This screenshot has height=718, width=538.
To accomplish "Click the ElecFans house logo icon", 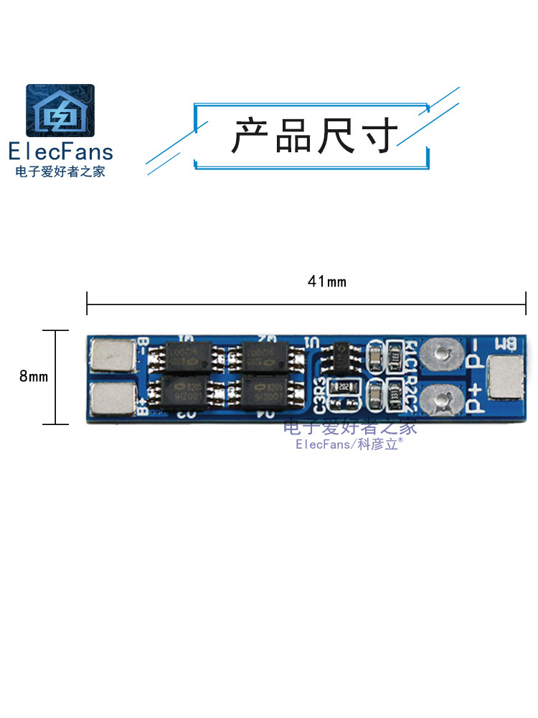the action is coord(60,111).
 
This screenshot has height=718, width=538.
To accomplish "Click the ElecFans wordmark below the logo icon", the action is coord(60,151).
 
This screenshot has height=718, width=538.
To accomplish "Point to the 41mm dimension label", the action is coord(326,281).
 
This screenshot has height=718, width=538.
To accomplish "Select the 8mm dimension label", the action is coord(34,376).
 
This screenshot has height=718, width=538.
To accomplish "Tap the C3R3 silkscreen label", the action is coord(321,394).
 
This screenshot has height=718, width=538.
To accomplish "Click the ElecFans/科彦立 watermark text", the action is coord(349,445).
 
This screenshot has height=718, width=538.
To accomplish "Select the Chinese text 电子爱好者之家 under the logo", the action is coord(60,172).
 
